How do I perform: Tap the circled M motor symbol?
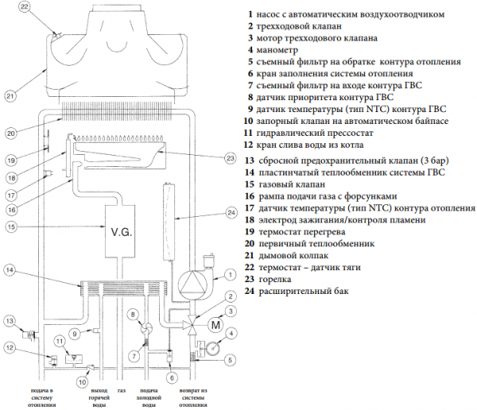click(214, 324)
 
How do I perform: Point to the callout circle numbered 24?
click(231, 213)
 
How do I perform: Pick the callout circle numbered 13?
click(10, 320)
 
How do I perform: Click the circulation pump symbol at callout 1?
click(191, 284)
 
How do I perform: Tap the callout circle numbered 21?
click(10, 95)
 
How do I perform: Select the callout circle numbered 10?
click(81, 382)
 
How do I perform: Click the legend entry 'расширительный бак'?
click(303, 291)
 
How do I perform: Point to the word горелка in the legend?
click(279, 279)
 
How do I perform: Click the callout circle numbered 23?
click(231, 158)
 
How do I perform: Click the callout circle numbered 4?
click(231, 335)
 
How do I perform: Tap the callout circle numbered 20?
click(10, 133)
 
